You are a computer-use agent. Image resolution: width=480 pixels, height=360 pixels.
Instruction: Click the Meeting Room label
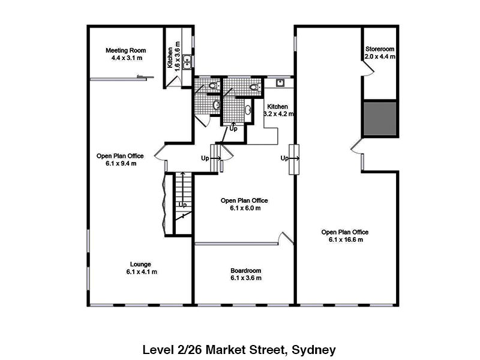(126, 50)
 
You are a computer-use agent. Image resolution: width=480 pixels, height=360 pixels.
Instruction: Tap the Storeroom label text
(380, 49)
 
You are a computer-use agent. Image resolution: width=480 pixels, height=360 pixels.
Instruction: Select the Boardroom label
(246, 271)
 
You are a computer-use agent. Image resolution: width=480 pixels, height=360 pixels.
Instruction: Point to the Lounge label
(140, 264)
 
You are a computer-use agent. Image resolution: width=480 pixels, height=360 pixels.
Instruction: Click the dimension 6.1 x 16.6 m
(346, 239)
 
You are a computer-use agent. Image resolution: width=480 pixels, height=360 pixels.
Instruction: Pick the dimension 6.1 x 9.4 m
(121, 163)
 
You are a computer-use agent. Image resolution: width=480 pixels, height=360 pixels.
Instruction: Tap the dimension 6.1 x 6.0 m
(245, 208)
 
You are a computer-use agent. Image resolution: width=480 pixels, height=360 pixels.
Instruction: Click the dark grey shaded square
(380, 119)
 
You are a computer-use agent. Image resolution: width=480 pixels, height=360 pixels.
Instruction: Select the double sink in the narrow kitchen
(187, 62)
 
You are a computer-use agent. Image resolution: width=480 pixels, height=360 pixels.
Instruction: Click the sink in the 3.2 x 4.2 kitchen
(280, 83)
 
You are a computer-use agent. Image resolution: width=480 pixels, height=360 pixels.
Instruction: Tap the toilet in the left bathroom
(214, 85)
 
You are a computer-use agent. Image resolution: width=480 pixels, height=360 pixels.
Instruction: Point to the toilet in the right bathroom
(254, 87)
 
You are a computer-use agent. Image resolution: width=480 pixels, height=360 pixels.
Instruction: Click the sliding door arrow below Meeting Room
(145, 77)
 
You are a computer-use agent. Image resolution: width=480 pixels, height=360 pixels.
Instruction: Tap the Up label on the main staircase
(183, 205)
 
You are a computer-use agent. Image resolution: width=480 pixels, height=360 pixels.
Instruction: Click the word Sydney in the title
(314, 350)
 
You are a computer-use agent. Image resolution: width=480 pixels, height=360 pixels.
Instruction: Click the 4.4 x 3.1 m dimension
(127, 58)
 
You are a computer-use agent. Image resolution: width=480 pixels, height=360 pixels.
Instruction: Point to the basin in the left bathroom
(217, 105)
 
